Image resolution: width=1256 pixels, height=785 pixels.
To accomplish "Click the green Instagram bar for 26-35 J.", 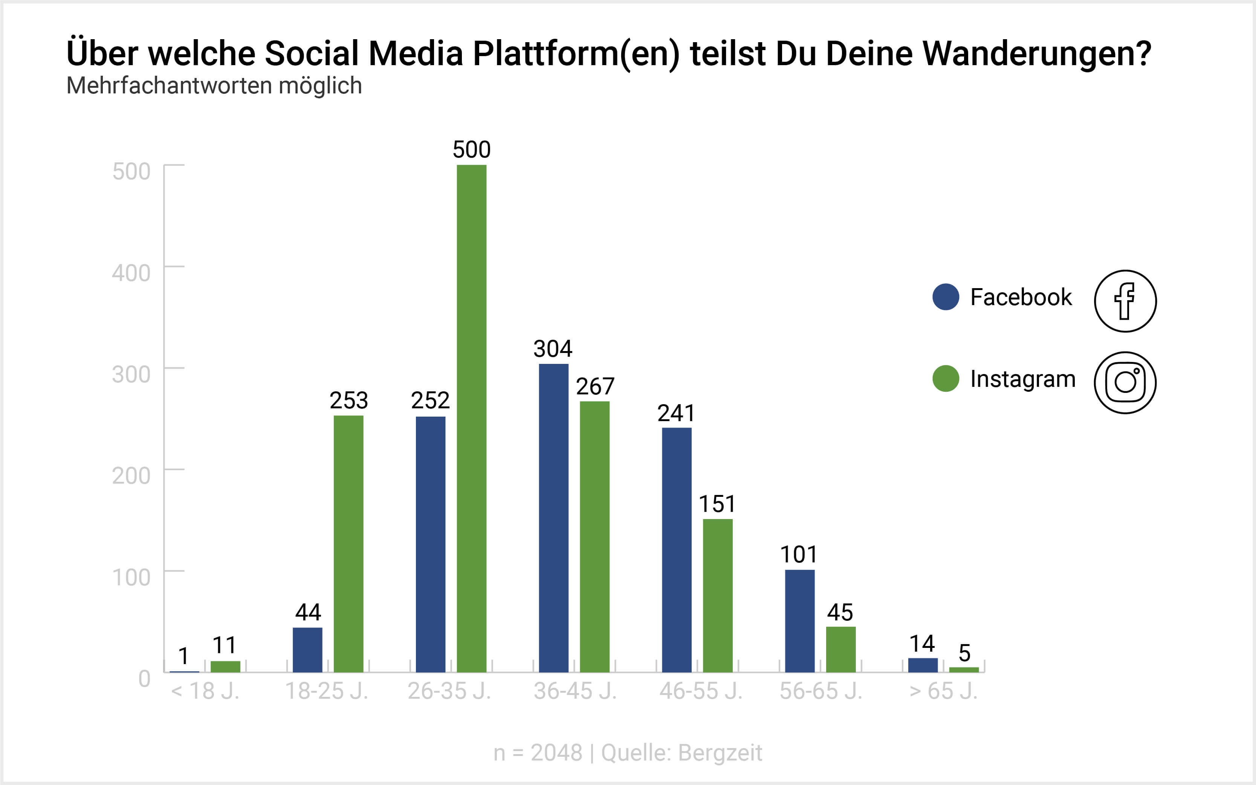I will click(471, 418).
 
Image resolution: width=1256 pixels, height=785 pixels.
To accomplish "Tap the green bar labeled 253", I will click(348, 544).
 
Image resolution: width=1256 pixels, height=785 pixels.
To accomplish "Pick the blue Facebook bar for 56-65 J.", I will click(800, 621).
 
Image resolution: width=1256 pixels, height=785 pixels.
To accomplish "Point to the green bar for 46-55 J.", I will click(718, 596).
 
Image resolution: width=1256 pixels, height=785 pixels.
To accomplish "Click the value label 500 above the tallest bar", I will click(471, 150).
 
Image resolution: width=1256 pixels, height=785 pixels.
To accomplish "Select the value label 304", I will click(553, 349).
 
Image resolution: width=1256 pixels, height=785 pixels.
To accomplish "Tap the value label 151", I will click(717, 504).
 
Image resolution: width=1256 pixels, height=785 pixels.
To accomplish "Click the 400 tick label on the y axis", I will click(131, 273).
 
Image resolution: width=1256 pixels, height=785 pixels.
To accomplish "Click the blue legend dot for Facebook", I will click(946, 297).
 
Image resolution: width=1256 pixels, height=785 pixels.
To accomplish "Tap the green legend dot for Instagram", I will click(946, 379).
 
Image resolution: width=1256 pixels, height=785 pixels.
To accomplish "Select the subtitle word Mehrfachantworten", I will click(169, 86).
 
